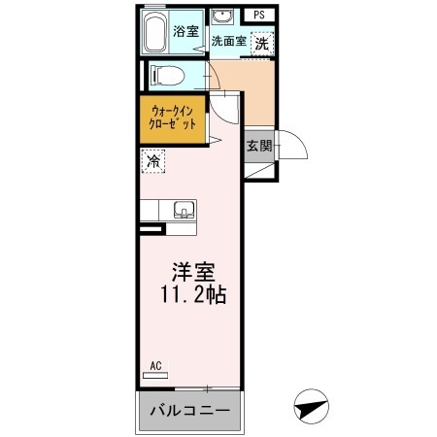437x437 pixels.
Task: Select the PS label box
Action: click(259, 16)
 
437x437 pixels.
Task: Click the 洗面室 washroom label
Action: click(228, 41)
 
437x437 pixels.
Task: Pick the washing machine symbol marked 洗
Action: click(261, 44)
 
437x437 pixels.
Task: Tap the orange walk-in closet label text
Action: click(174, 118)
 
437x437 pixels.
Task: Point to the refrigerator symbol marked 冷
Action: click(153, 162)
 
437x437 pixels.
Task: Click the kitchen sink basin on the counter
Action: click(181, 209)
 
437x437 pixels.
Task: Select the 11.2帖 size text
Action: click(194, 294)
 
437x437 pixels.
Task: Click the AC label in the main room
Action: click(155, 366)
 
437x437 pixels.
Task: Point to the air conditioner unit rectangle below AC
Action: click(155, 377)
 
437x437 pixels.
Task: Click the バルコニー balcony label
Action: click(189, 412)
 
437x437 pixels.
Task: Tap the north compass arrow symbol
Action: click(310, 407)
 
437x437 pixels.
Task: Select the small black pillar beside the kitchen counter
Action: click(149, 230)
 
